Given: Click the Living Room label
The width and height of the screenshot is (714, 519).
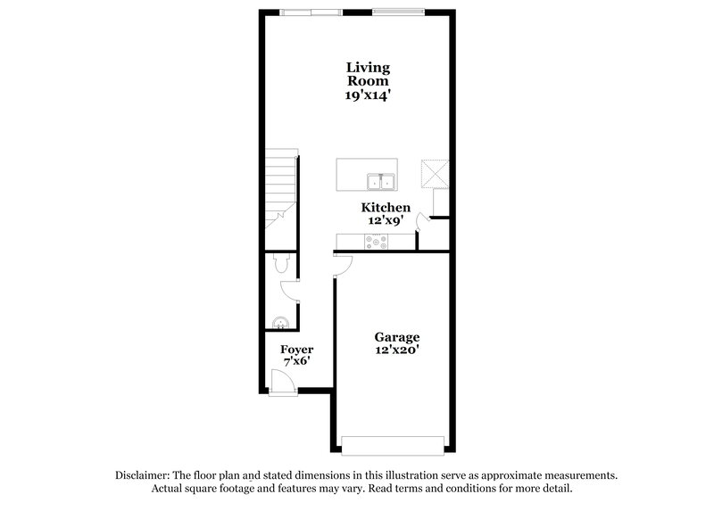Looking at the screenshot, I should pos(369,74).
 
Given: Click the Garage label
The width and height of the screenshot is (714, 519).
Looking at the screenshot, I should pos(396,338).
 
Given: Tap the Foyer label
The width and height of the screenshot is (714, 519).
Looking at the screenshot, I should pos(296,349).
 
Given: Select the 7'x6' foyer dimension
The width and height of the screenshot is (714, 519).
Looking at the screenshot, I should pos(296,362).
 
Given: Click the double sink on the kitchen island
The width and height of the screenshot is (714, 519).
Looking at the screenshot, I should pos(381,182).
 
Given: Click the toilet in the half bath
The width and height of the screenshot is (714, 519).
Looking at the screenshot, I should pos(280,263).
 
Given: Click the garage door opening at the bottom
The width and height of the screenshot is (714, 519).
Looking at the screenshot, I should pos(393,444).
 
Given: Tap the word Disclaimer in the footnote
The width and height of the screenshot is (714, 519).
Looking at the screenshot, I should pos(146,475).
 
